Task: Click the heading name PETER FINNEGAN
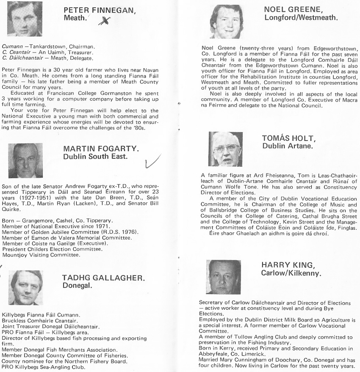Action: coord(100,11)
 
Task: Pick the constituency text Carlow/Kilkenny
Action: coord(291,273)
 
